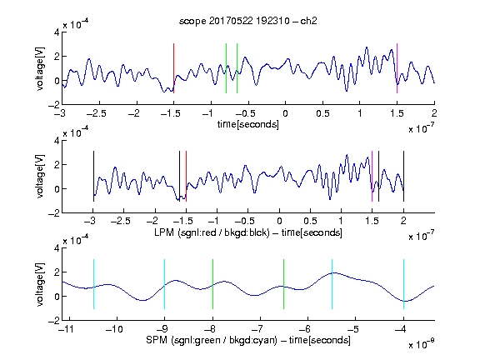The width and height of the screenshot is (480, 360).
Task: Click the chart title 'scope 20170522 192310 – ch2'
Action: pyautogui.click(x=248, y=21)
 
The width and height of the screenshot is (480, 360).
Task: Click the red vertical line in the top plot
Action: pyautogui.click(x=173, y=68)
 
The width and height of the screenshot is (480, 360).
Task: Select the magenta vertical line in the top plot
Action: pyautogui.click(x=397, y=68)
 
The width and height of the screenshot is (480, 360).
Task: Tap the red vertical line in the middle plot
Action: pyautogui.click(x=186, y=176)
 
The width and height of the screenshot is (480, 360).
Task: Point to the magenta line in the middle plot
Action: pyautogui.click(x=372, y=176)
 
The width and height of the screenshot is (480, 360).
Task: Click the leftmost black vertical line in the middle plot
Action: pyautogui.click(x=93, y=176)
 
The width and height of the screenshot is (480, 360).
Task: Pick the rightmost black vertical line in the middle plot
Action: pyautogui.click(x=403, y=176)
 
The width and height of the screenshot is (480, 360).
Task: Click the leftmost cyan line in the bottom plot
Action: pyautogui.click(x=93, y=284)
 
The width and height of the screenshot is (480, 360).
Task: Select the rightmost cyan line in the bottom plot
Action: pyautogui.click(x=403, y=284)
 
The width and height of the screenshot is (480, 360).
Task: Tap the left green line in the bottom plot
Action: pyautogui.click(x=212, y=284)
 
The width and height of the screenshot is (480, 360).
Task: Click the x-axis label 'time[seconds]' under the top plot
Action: pyautogui.click(x=248, y=124)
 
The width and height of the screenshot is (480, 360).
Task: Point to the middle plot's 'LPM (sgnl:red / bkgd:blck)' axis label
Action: pyautogui.click(x=212, y=232)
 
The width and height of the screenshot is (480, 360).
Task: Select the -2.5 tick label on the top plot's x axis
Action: pyautogui.click(x=96, y=113)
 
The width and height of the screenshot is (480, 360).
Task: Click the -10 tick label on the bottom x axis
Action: pyautogui.click(x=114, y=329)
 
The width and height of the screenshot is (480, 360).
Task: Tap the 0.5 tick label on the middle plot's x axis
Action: pyautogui.click(x=310, y=221)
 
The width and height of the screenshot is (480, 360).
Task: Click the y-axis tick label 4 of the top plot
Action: pyautogui.click(x=57, y=32)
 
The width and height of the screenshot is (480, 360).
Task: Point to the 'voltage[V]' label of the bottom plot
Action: pyautogui.click(x=40, y=284)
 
